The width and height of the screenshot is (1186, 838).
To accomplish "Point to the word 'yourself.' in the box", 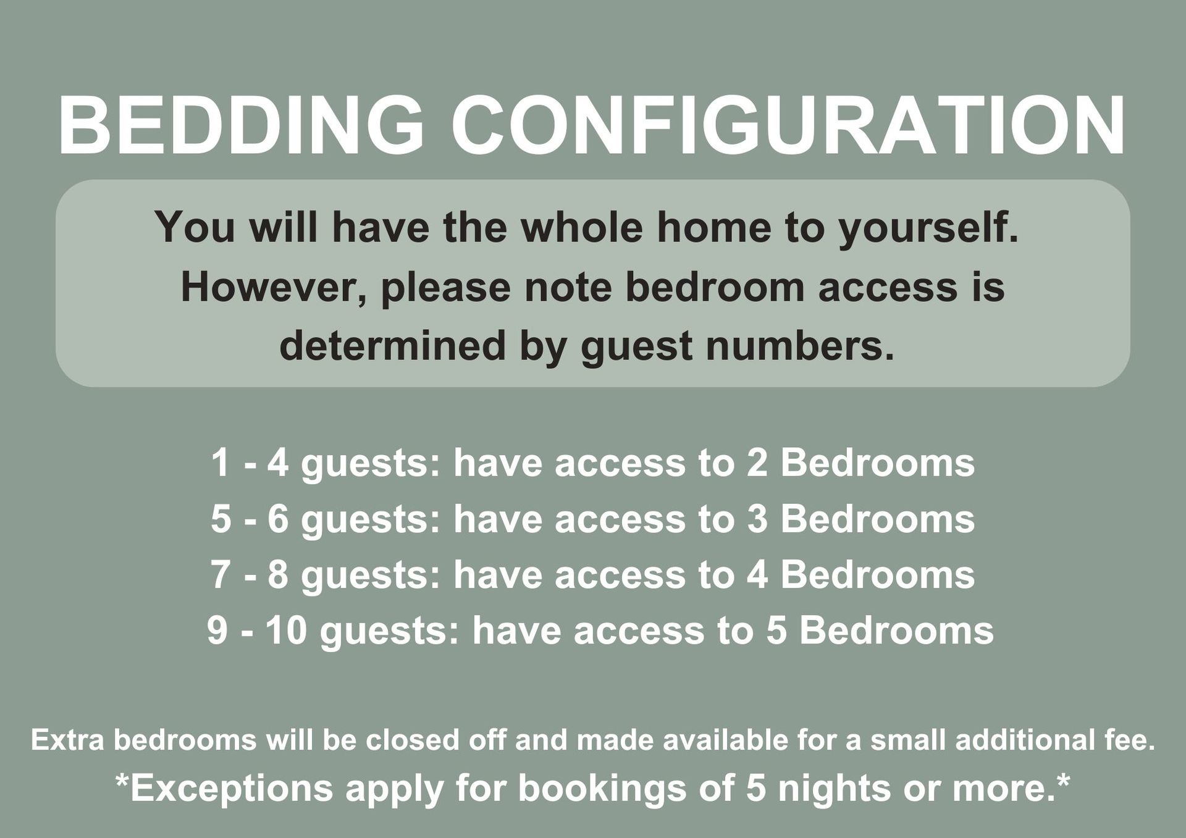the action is [928, 228].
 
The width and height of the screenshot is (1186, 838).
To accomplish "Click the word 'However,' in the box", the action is [274, 287].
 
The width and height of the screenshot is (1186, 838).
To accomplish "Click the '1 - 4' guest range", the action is [250, 463].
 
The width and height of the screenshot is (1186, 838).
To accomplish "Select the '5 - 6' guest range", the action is [250, 519].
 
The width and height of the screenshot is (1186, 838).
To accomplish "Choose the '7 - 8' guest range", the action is [250, 575].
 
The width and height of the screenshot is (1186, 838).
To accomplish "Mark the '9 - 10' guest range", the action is [257, 631].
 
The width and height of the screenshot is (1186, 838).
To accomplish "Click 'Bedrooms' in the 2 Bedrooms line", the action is [878, 463].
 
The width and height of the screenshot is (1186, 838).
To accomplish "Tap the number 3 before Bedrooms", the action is [757, 519].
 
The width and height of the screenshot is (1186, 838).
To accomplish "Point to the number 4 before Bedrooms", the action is [757, 575].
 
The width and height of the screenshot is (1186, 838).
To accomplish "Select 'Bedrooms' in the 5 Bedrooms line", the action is [897, 631].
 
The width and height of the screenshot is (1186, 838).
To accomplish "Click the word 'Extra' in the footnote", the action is [67, 740].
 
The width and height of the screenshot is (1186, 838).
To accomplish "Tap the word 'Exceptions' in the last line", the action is [232, 789].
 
